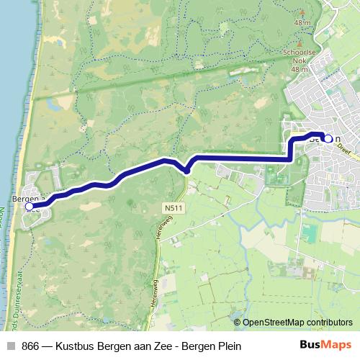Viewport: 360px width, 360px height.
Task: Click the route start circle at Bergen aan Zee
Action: click(x=30, y=207)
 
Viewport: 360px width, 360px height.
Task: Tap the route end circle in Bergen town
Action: click(x=328, y=138)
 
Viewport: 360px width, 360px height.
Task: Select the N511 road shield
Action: click(x=169, y=207)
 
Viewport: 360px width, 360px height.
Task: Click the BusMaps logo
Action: click(x=325, y=346)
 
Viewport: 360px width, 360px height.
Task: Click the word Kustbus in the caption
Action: click(x=83, y=346)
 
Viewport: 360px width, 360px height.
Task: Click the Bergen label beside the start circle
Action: click(x=26, y=196)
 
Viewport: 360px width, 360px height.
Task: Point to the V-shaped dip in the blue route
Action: click(x=186, y=170)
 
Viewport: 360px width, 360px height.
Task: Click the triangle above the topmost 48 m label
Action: click(x=300, y=12)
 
